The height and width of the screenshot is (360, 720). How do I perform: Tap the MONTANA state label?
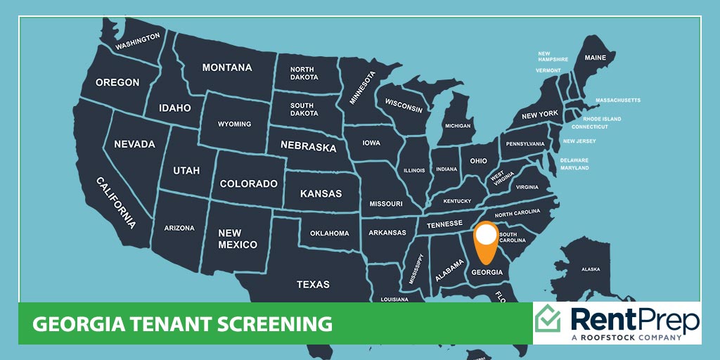pyautogui.click(x=227, y=67)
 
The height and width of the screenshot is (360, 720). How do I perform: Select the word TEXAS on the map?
pyautogui.click(x=313, y=284)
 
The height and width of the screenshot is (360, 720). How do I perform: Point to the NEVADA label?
pyautogui.click(x=134, y=144)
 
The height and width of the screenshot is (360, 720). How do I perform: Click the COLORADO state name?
pyautogui.click(x=249, y=184)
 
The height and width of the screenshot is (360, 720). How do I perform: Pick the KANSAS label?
pyautogui.click(x=321, y=193)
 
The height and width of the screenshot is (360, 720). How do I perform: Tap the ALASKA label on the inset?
pyautogui.click(x=591, y=269)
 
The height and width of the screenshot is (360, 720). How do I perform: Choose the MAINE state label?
pyautogui.click(x=596, y=58)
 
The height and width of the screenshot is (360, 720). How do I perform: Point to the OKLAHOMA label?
pyautogui.click(x=329, y=233)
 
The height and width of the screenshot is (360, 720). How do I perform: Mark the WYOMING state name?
pyautogui.click(x=234, y=124)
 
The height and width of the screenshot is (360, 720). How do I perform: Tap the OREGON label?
pyautogui.click(x=117, y=82)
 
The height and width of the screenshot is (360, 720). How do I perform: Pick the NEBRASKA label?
pyautogui.click(x=308, y=147)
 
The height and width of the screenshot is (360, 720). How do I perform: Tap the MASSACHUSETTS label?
pyautogui.click(x=618, y=100)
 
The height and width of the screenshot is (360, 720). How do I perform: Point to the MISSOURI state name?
pyautogui.click(x=386, y=203)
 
